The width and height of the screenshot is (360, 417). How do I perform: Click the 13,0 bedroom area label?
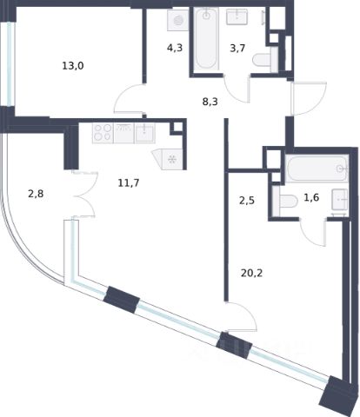(73, 66)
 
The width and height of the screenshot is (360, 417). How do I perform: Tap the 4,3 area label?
(175, 48)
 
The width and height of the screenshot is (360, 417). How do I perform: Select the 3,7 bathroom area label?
(237, 48)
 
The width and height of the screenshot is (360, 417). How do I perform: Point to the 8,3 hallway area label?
(210, 102)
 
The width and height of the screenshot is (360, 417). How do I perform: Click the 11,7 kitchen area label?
(129, 182)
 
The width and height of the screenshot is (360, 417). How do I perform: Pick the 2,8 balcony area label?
(36, 194)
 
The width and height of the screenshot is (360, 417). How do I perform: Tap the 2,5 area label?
(247, 201)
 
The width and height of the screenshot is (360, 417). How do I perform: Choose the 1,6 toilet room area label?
(311, 197)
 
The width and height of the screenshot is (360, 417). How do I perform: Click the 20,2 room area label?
(251, 273)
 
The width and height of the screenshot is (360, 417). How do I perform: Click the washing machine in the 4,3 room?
(178, 20)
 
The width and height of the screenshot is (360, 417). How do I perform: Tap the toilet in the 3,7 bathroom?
(265, 60)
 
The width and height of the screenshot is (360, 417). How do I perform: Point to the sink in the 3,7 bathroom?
(237, 17)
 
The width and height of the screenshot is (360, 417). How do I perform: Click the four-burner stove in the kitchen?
(103, 133)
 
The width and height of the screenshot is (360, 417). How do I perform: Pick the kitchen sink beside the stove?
(144, 133)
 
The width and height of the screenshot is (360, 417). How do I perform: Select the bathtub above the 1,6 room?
(317, 169)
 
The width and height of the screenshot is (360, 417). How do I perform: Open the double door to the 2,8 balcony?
(85, 194)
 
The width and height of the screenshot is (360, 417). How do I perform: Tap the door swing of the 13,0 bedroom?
(129, 98)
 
